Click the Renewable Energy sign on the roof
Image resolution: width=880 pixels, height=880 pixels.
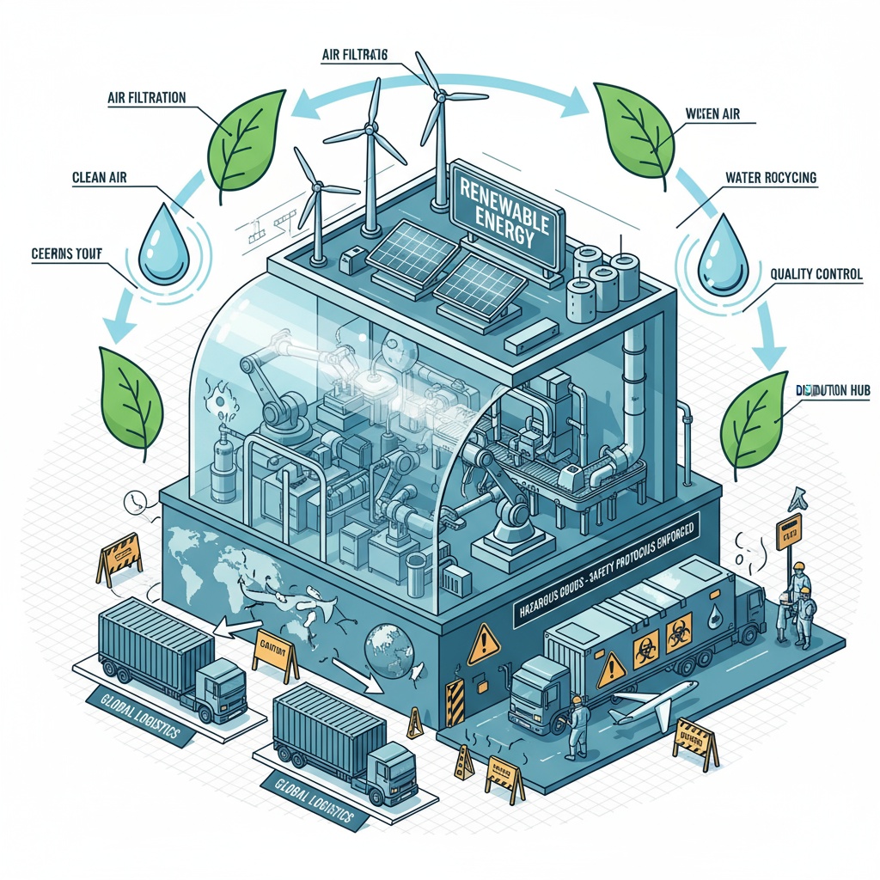[508, 215]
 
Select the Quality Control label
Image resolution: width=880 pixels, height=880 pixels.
[816, 275]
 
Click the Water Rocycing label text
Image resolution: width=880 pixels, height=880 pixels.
[771, 179]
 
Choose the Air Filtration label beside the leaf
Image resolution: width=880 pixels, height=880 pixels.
[146, 98]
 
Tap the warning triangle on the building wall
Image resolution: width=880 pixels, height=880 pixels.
[484, 640]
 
